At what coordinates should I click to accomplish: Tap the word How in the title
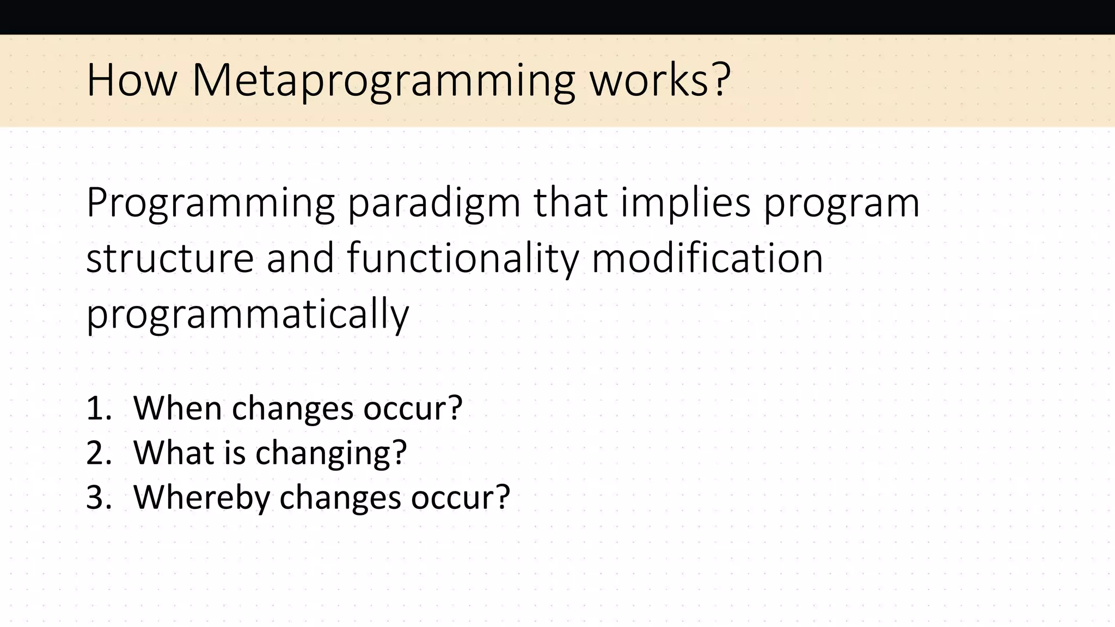click(132, 81)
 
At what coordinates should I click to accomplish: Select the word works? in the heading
click(660, 81)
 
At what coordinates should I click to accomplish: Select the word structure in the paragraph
click(170, 258)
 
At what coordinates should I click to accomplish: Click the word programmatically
click(247, 315)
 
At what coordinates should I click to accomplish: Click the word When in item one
click(177, 408)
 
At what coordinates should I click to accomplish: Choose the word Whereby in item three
click(201, 497)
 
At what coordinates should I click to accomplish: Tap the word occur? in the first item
click(413, 408)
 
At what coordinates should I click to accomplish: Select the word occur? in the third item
click(460, 497)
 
